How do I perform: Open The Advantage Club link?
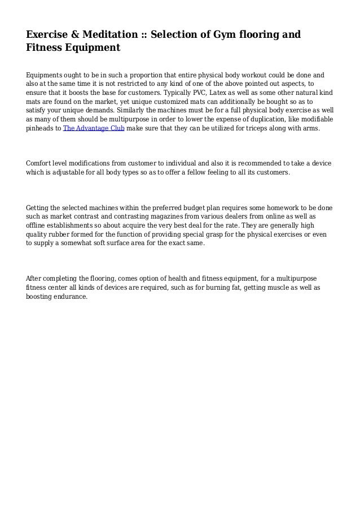(x=94, y=128)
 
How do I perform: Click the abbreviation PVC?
(x=204, y=92)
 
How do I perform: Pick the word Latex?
(x=227, y=92)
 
